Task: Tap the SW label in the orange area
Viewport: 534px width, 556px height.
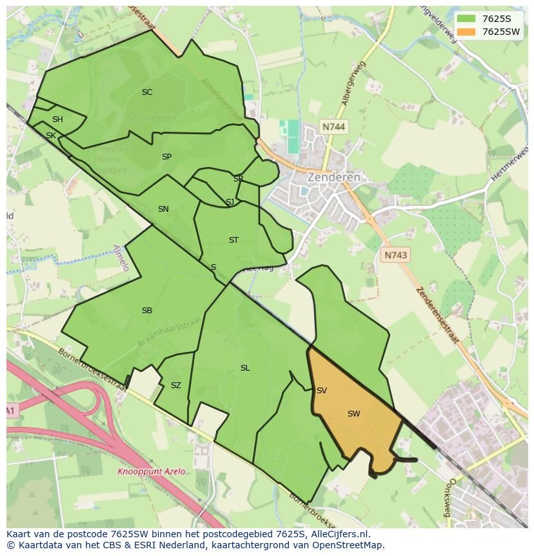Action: [x=353, y=414]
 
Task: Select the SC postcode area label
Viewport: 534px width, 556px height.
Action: [x=147, y=92]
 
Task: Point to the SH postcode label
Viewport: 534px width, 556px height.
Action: [x=57, y=119]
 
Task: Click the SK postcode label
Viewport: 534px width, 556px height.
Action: [x=51, y=135]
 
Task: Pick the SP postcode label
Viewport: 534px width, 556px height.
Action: [x=166, y=157]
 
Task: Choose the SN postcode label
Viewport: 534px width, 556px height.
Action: [x=163, y=209]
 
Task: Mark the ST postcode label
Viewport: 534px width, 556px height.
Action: [x=233, y=240]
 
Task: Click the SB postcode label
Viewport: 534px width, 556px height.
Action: [x=147, y=311]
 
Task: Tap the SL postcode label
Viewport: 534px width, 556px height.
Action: [x=245, y=368]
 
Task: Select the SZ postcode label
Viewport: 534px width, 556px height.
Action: [x=176, y=386]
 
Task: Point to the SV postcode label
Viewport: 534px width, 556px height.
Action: [x=322, y=391]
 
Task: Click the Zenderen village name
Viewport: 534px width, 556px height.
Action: [x=333, y=177]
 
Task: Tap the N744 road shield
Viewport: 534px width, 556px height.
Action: [x=333, y=127]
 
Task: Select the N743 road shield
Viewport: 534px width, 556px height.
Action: [x=395, y=255]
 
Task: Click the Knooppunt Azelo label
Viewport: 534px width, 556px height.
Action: [x=152, y=471]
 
